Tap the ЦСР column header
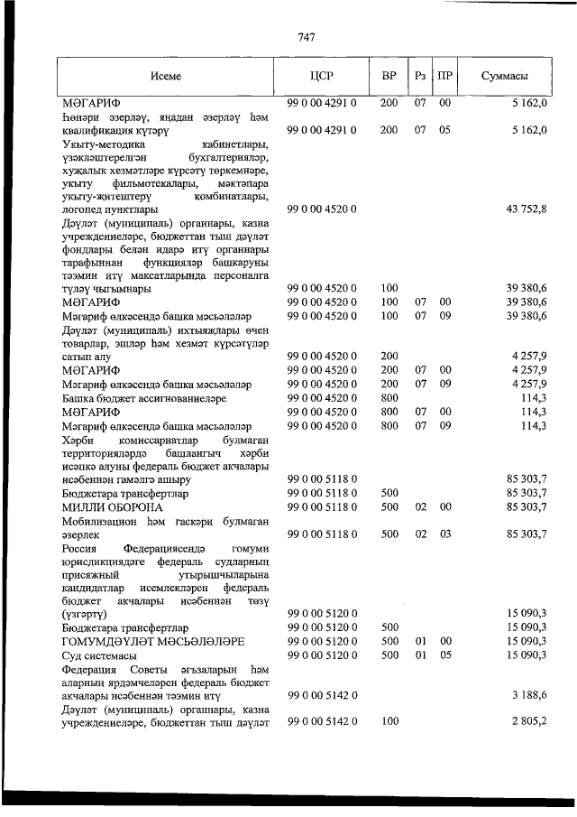[x=322, y=77]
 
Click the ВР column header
[x=389, y=77]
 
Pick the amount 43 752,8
[x=527, y=209]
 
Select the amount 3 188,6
[x=529, y=695]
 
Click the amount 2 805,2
[x=529, y=721]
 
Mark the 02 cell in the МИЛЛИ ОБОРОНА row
[x=420, y=507]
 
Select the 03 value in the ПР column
[x=444, y=534]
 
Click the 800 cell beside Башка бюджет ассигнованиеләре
[x=389, y=396]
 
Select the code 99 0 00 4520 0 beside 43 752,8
[x=322, y=209]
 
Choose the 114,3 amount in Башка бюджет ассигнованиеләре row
[x=534, y=396]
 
